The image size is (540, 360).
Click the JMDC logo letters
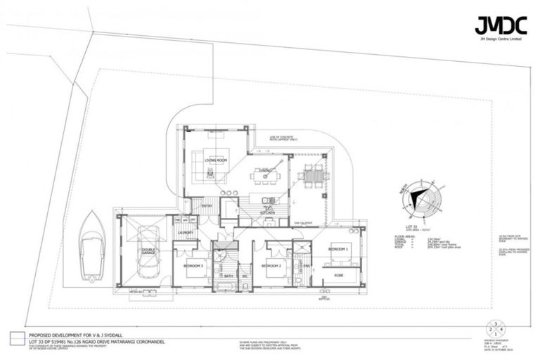point(501,26)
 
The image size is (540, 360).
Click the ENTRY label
point(207,205)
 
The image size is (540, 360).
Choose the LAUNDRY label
point(186,232)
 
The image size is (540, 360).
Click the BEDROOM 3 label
point(193,266)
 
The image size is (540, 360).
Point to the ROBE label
point(338,275)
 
